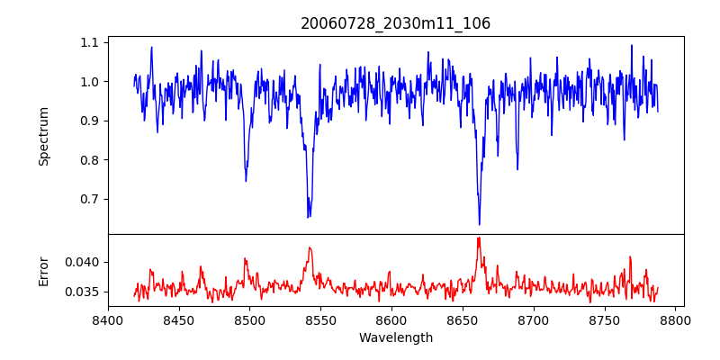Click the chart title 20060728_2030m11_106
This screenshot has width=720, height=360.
[x=395, y=23]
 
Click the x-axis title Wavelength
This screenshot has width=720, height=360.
[x=395, y=337]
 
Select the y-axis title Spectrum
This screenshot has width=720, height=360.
[x=44, y=136]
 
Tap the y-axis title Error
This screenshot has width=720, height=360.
[x=44, y=270]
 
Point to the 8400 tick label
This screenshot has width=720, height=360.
[x=108, y=319]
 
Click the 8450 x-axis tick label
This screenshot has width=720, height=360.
[x=179, y=319]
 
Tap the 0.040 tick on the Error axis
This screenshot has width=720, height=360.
[x=84, y=262]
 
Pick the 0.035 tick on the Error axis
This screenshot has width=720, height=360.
[x=84, y=292]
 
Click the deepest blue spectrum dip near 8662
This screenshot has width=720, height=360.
[x=480, y=224]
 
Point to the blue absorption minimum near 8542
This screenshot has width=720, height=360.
[x=309, y=217]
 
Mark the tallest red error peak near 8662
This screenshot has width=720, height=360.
[x=479, y=238]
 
